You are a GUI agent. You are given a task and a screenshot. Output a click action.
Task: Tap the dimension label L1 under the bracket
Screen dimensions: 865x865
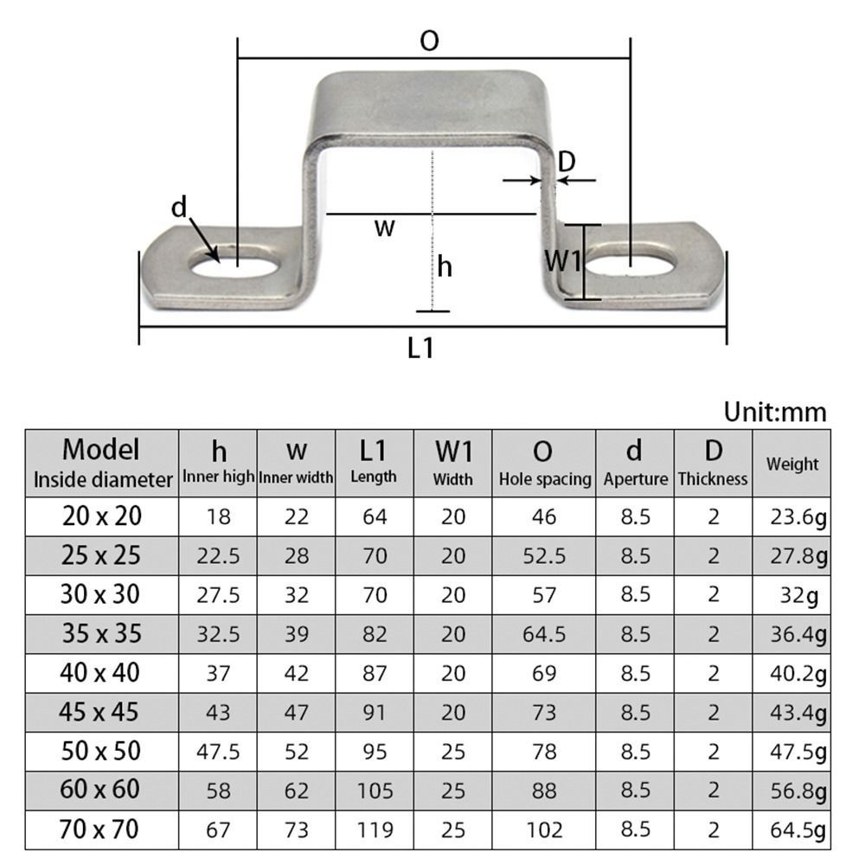420,348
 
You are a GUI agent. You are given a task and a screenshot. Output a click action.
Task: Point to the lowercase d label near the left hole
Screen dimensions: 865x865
179,208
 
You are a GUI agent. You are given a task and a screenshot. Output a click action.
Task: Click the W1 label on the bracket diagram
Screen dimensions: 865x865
563,260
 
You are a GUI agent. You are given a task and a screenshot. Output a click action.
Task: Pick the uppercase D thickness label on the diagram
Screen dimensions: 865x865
567,161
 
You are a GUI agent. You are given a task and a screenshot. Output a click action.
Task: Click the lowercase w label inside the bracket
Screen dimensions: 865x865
384,228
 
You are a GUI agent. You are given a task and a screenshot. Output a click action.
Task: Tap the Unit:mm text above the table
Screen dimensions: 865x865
775,412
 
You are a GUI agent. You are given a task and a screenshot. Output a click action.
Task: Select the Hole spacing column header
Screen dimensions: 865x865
544,464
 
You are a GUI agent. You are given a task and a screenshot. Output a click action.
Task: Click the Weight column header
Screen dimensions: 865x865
791,464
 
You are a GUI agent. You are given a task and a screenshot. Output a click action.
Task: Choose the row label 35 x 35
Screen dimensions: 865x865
101,634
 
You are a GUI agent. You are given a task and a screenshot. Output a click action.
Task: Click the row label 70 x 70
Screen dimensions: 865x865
101,830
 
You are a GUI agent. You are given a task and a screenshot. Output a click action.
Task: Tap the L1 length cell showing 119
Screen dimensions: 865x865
375,830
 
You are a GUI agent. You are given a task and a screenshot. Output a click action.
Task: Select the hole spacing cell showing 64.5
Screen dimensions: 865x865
544,634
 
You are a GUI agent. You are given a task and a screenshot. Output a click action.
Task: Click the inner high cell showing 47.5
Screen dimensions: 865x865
218,751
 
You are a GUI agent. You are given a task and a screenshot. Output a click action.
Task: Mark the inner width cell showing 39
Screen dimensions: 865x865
297,634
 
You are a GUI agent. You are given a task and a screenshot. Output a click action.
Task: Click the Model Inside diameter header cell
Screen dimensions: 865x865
101,464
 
